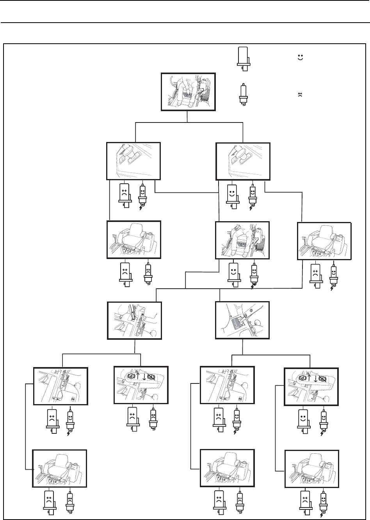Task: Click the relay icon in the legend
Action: point(243,58)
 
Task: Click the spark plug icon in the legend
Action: point(243,94)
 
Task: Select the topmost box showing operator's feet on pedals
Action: point(188,92)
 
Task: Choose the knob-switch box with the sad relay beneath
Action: point(133,160)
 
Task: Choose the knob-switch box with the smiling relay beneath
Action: point(243,160)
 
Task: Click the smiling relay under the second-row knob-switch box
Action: point(233,194)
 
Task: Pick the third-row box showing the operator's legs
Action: point(243,240)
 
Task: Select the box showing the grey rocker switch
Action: point(243,320)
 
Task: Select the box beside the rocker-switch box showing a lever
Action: point(134,320)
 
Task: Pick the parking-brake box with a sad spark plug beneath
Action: point(141,385)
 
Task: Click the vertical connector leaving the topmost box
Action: point(188,116)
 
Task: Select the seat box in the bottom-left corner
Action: point(60,468)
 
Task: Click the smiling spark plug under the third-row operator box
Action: point(254,274)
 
